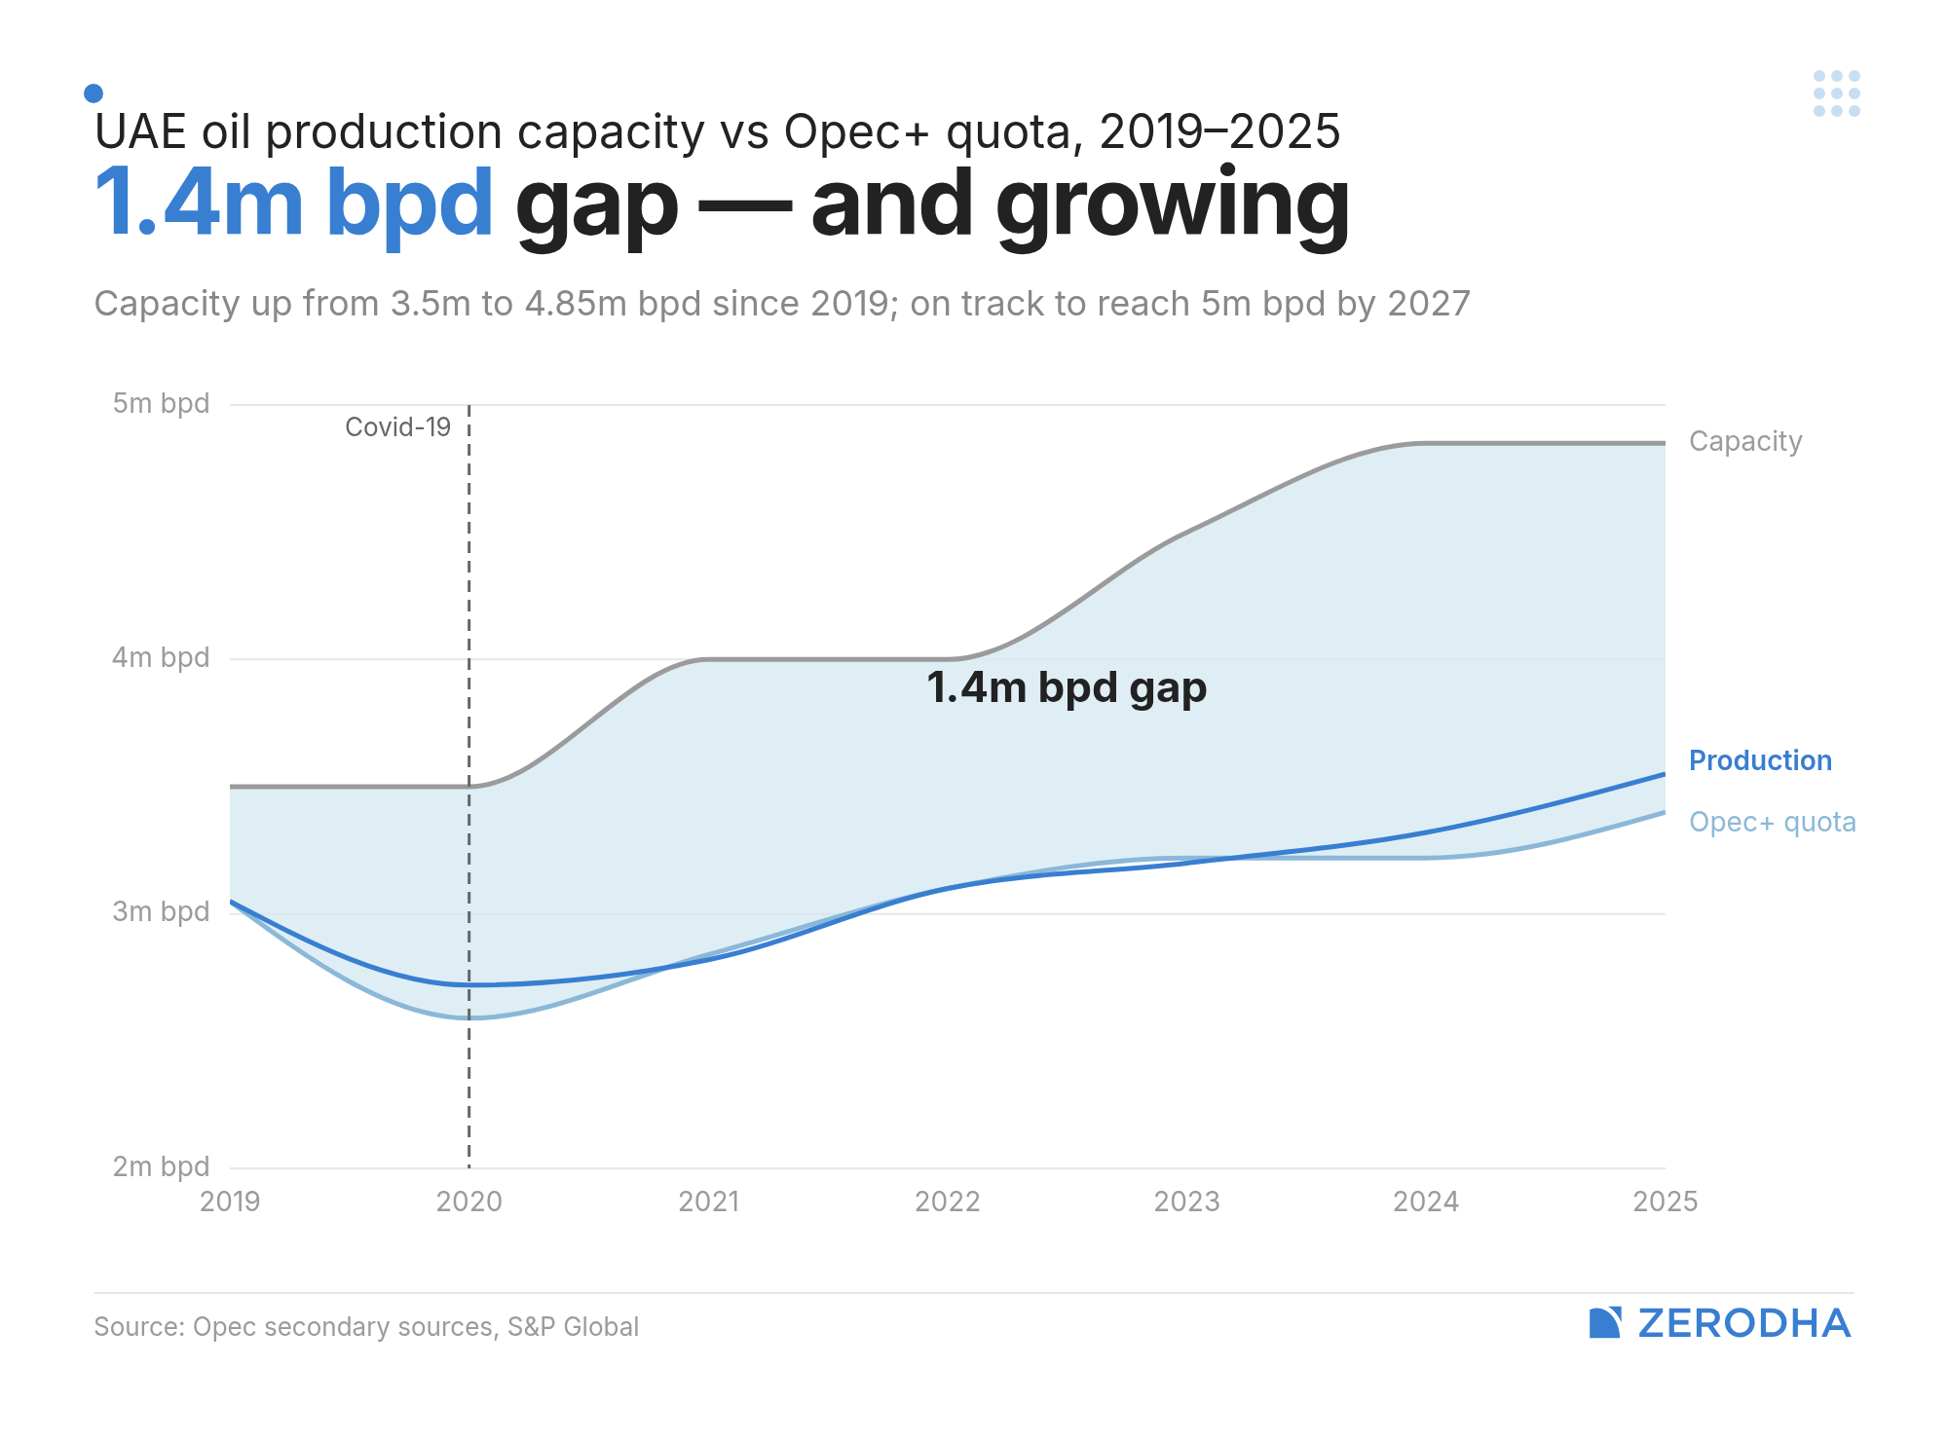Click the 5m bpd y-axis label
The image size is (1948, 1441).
tap(161, 403)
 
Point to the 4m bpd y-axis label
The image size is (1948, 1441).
tap(161, 657)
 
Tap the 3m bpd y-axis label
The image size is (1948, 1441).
tap(161, 911)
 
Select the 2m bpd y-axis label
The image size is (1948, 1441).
tap(161, 1165)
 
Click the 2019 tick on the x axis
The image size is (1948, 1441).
tap(230, 1201)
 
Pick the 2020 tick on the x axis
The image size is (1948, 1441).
tap(468, 1201)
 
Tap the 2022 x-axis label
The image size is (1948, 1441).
tap(947, 1201)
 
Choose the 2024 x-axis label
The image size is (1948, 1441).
tap(1425, 1201)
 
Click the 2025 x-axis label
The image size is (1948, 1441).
tap(1665, 1201)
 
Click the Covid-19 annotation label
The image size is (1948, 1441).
tap(397, 427)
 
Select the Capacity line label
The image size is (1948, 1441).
tap(1744, 441)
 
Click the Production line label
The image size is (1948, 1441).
tap(1759, 760)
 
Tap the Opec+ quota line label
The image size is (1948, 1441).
tap(1772, 822)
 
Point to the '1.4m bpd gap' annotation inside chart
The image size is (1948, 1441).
tap(1066, 688)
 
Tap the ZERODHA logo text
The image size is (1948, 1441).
tap(1742, 1323)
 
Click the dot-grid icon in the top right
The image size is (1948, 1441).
tap(1836, 93)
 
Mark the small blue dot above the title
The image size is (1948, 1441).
tap(94, 93)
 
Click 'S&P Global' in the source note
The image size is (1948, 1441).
tap(573, 1327)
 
